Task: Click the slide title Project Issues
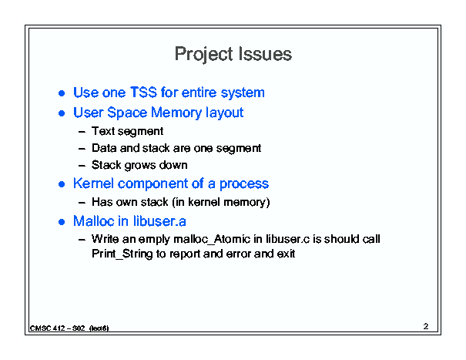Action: [233, 55]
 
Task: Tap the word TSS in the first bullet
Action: [143, 93]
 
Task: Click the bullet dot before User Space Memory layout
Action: [62, 113]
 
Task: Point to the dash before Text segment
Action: [82, 132]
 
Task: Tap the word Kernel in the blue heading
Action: [93, 183]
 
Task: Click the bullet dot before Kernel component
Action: [62, 184]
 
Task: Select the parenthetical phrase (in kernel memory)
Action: [221, 202]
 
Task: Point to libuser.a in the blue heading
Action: [159, 221]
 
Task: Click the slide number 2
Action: [426, 326]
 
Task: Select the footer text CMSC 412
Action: [47, 328]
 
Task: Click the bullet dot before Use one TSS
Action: [62, 93]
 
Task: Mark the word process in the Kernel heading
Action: [244, 184]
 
